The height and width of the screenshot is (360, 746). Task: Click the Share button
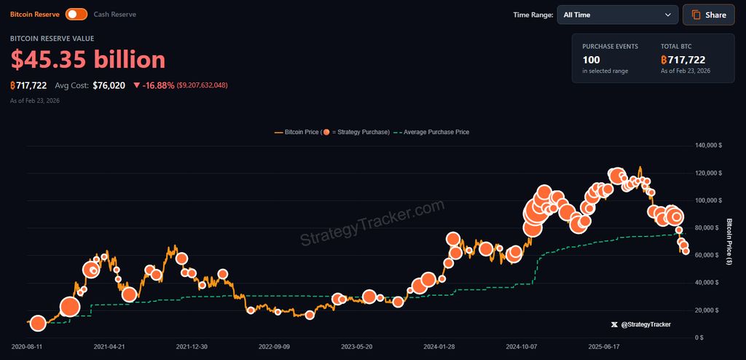click(x=708, y=15)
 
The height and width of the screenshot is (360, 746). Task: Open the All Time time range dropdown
click(x=618, y=15)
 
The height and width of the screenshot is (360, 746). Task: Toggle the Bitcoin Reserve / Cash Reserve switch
click(x=76, y=15)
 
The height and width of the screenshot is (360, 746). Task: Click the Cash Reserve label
click(x=114, y=15)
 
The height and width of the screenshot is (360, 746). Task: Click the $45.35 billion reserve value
click(x=88, y=60)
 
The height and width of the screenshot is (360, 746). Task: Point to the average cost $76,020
click(x=109, y=85)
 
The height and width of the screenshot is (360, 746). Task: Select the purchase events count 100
click(x=591, y=59)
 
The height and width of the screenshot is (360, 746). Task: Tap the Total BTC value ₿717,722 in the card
click(x=683, y=59)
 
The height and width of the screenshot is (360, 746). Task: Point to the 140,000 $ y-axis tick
click(x=709, y=146)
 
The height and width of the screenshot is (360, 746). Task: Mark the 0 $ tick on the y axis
click(x=699, y=337)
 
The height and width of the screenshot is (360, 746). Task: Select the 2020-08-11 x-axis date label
click(x=28, y=348)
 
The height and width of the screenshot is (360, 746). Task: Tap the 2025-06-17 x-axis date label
click(x=604, y=348)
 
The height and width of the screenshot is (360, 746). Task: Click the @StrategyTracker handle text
click(x=645, y=324)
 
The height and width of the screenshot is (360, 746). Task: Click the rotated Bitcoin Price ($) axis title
click(x=729, y=242)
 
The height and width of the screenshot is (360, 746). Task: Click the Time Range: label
click(x=533, y=15)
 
